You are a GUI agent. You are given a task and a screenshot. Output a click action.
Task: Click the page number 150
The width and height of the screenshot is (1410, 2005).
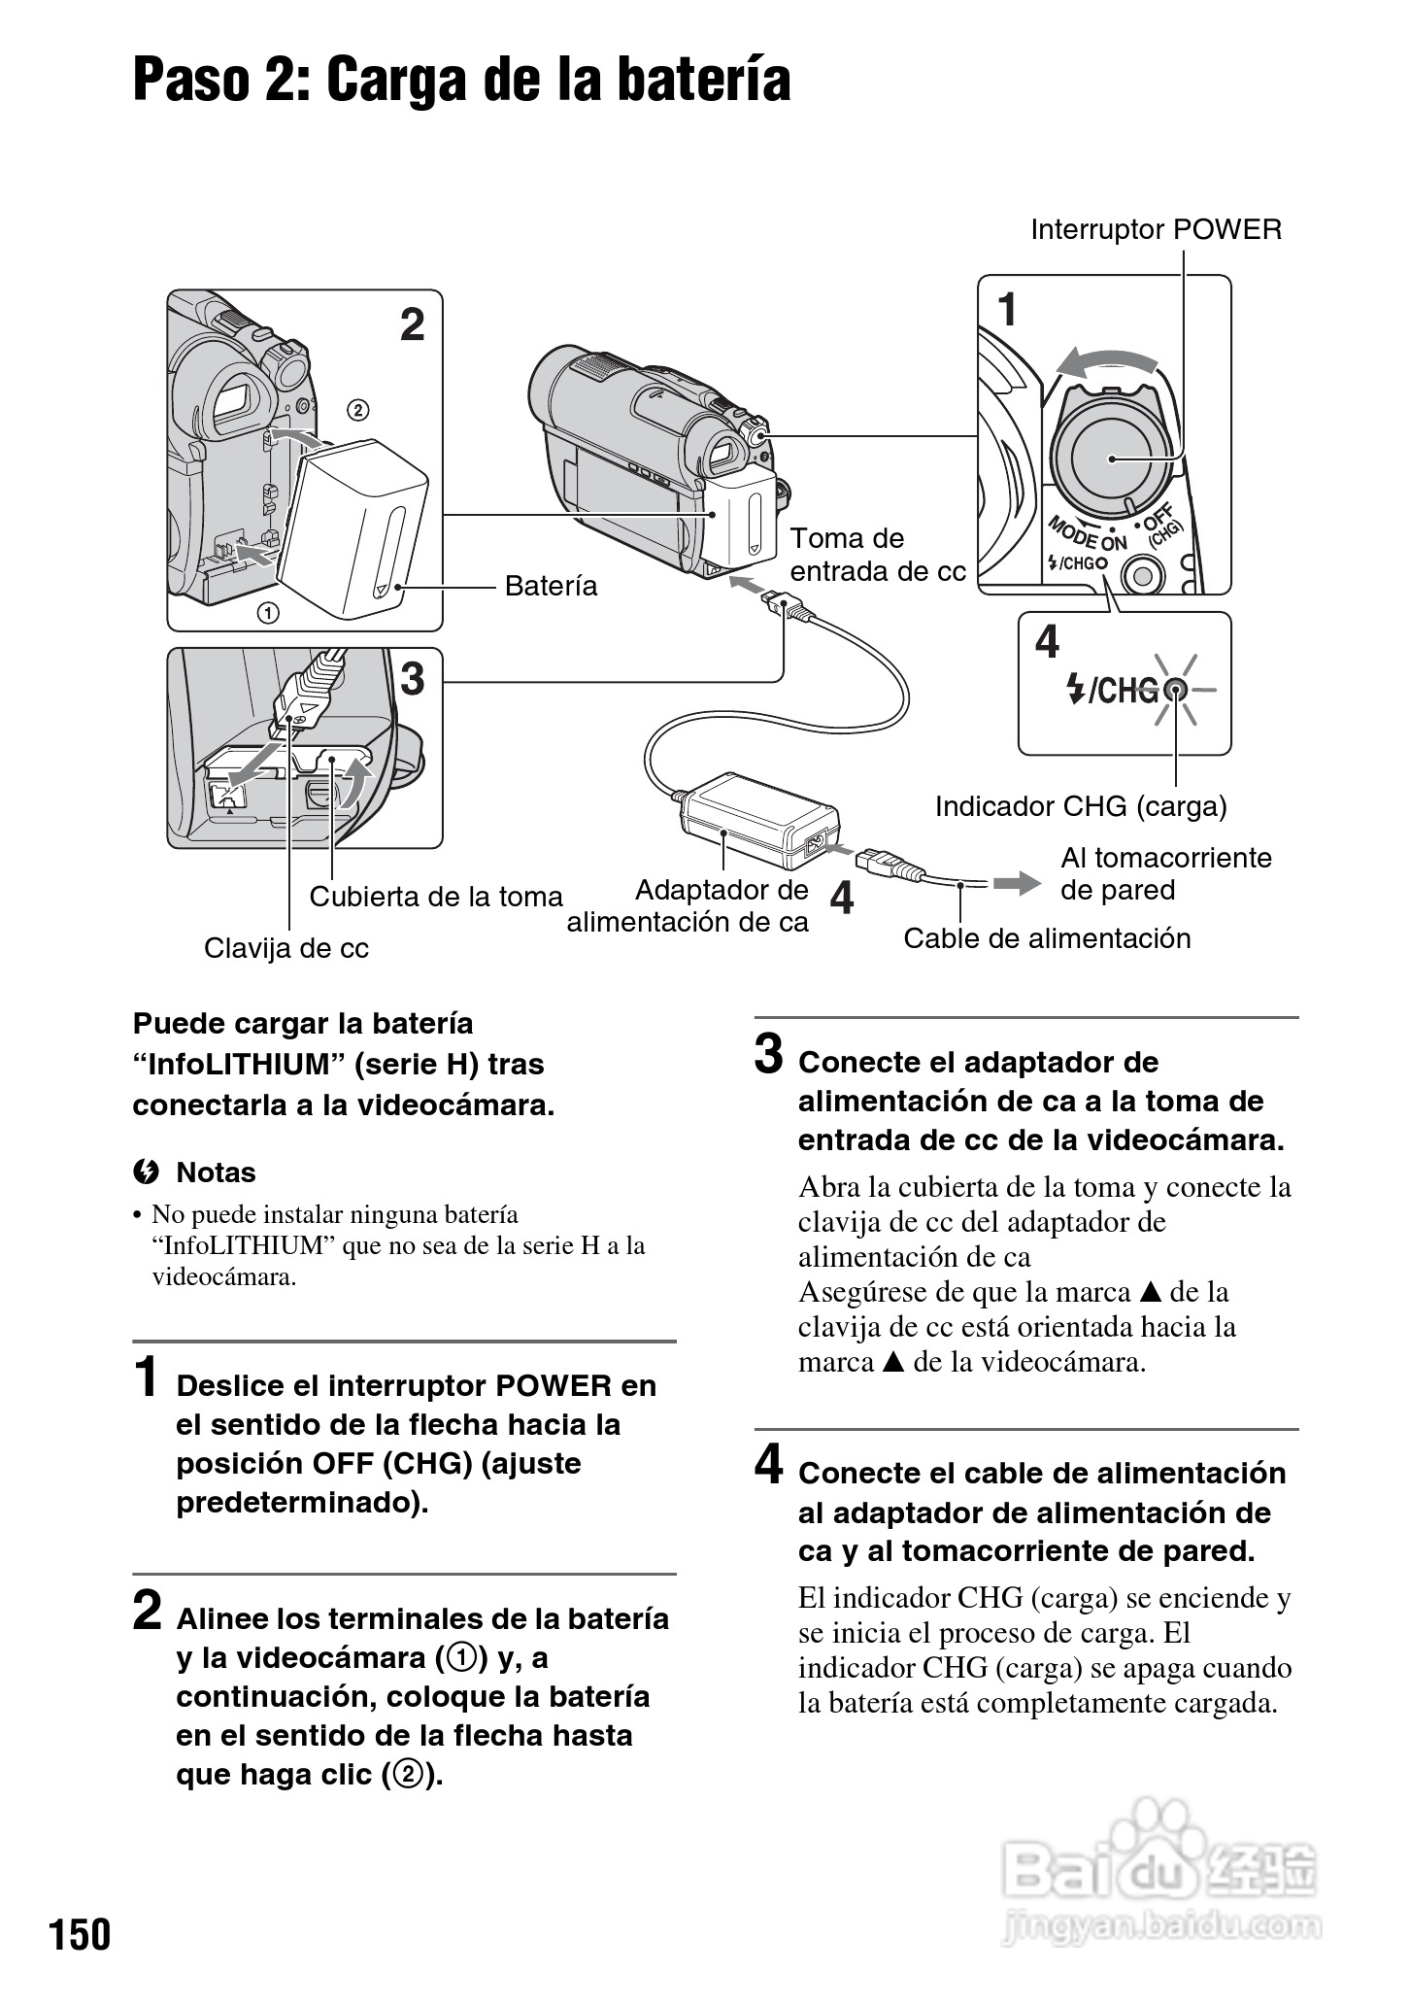coord(81,1934)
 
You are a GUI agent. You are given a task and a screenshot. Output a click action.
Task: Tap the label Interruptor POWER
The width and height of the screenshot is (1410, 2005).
coord(1156,230)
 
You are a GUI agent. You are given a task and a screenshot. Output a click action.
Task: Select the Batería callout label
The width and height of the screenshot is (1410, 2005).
coord(551,586)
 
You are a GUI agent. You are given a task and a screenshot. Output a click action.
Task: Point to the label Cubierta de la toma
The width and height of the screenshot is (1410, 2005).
coord(436,897)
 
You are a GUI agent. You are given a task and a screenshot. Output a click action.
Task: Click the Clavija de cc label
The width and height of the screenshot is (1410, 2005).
coord(286,948)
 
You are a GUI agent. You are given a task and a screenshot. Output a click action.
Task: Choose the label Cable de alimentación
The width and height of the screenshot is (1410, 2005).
coord(1047,938)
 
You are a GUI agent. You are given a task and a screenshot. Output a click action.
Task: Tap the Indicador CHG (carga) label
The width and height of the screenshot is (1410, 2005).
coord(1081,806)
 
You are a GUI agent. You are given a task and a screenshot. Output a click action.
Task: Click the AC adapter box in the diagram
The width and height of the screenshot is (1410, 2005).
coord(757,821)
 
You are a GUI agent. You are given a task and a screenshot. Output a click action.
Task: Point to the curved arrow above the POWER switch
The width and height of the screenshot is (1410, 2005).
coord(1106,362)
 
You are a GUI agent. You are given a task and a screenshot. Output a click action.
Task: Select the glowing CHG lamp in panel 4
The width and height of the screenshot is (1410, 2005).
coord(1176,690)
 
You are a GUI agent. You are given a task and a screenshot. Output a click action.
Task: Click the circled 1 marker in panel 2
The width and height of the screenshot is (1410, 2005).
coord(267,613)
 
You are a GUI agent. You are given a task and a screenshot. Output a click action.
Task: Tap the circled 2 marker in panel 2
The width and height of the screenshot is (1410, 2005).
coord(357,410)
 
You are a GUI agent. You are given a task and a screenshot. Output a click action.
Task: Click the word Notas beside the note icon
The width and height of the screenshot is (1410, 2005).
coord(216,1172)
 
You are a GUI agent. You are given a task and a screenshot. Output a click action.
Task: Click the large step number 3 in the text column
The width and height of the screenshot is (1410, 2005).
coord(769,1055)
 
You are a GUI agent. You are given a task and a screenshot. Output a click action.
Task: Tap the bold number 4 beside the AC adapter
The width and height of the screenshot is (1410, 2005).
coord(842,898)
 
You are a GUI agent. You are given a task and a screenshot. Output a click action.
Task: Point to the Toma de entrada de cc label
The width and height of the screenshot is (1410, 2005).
coord(877,555)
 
